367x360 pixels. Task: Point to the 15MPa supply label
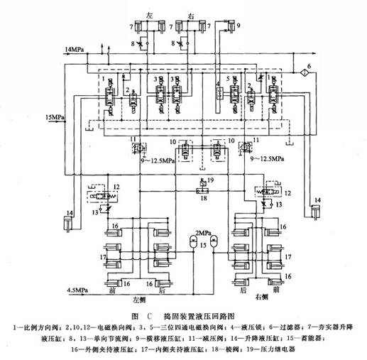pyautogui.click(x=55, y=116)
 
